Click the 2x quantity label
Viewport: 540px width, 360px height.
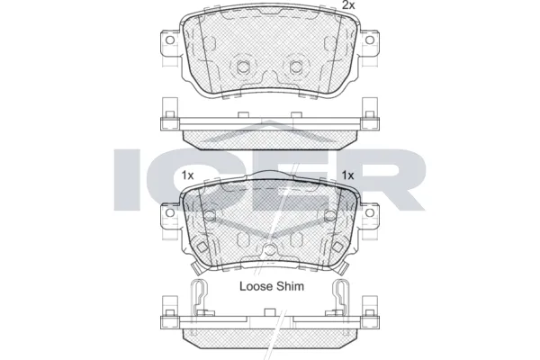[347, 6]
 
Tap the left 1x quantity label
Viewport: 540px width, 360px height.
[187, 175]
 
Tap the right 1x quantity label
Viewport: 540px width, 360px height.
[348, 175]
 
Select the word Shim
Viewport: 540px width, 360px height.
[290, 286]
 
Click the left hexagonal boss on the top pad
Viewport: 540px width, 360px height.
[242, 67]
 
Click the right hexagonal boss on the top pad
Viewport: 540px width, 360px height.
[296, 67]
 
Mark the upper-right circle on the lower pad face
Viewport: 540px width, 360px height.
[328, 215]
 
